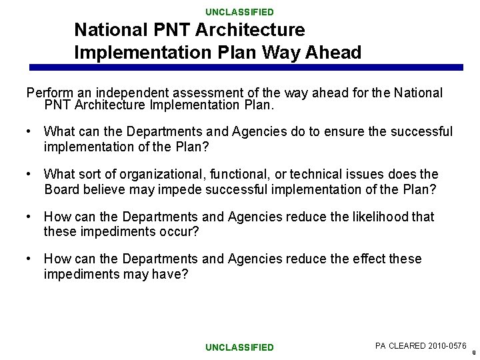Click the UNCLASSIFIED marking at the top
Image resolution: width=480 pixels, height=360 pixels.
[239, 12]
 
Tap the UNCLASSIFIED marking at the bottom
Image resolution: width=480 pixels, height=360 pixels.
[239, 347]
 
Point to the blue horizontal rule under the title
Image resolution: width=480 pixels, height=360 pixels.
[246, 67]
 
